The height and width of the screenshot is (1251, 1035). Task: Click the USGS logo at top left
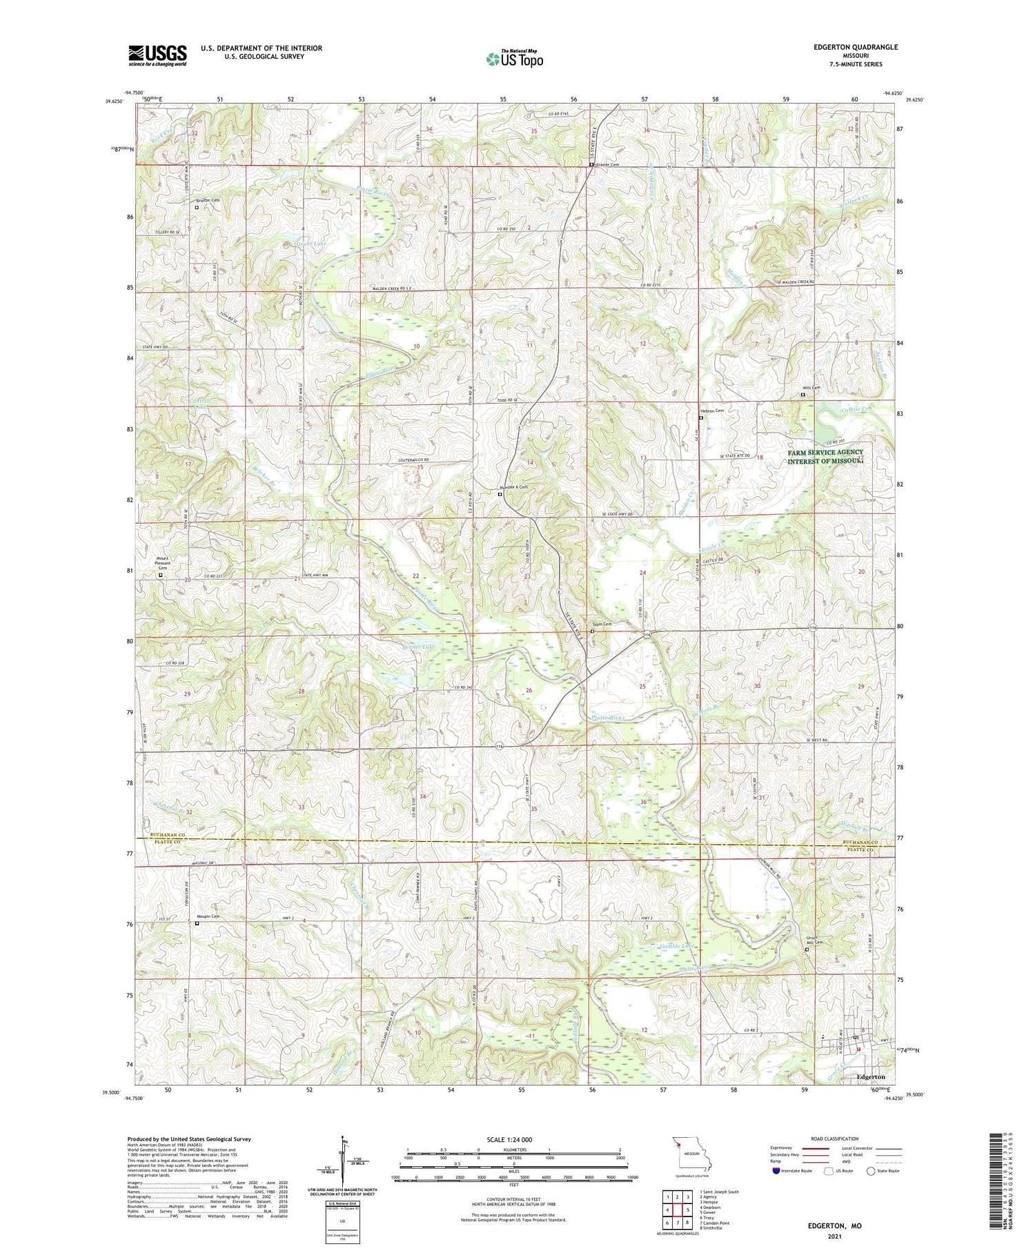[x=157, y=55]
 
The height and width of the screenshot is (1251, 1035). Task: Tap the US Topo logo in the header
[x=514, y=59]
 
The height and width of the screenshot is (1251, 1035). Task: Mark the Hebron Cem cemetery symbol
[x=701, y=417]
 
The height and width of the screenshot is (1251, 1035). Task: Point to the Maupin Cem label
[x=208, y=916]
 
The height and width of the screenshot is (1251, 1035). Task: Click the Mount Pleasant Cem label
[x=162, y=563]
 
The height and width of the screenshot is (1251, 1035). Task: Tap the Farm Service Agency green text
[x=825, y=456]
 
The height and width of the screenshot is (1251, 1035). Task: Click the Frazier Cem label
[x=607, y=165]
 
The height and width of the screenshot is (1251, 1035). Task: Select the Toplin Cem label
[x=602, y=624]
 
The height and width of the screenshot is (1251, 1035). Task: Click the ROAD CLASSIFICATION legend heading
[x=835, y=1139]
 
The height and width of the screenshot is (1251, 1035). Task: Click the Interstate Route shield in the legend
[x=776, y=1171]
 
